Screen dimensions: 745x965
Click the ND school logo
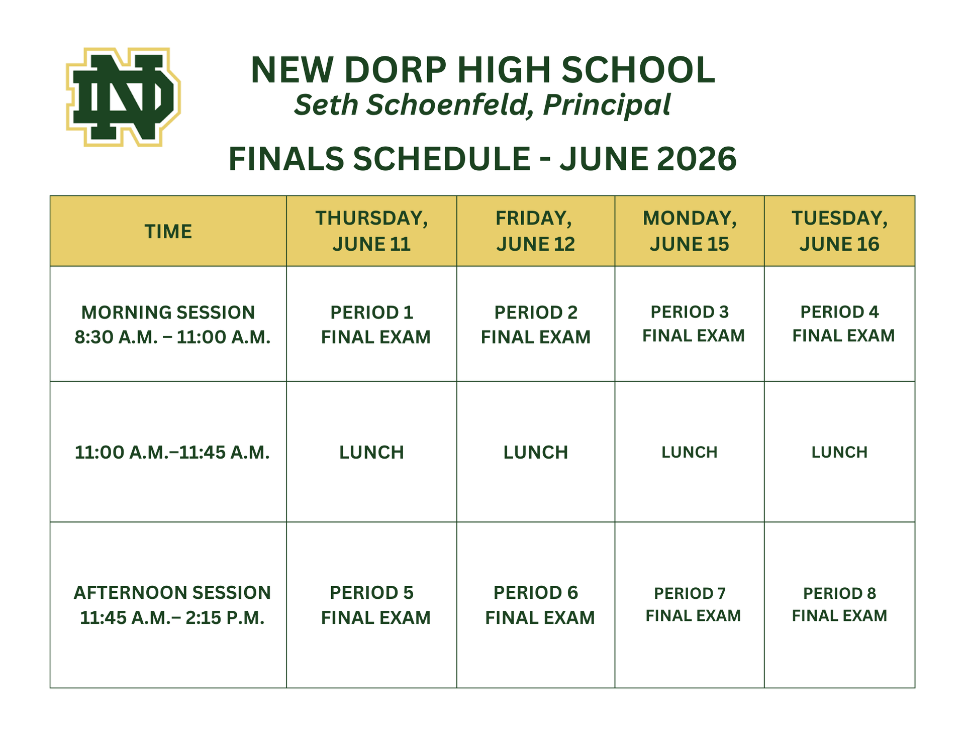pos(123,97)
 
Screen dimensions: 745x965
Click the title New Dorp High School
pos(482,69)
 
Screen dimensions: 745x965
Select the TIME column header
pos(168,232)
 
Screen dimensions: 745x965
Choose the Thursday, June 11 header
pos(371,231)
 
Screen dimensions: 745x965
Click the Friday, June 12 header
pos(535,231)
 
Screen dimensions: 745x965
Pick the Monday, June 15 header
pos(689,231)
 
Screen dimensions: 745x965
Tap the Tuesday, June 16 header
pos(839,231)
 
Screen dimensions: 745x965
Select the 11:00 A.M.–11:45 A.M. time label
pos(172,453)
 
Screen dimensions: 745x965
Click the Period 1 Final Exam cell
pos(375,325)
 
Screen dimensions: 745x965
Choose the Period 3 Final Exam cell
pos(692,324)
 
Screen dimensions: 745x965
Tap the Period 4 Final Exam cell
pos(842,324)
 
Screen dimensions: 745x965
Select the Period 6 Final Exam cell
pos(539,605)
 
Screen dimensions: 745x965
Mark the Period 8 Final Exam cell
pos(839,604)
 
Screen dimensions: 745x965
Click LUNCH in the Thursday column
pos(371,453)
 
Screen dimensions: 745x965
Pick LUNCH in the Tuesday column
pos(839,452)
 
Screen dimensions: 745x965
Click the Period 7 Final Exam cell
pos(692,604)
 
